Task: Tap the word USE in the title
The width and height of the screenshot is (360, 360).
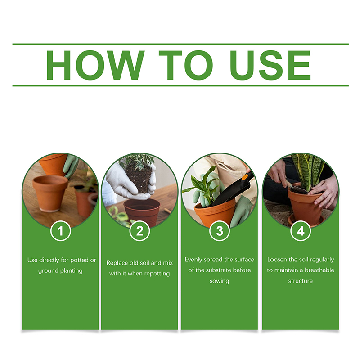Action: click(x=270, y=65)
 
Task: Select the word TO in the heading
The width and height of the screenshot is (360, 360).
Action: click(x=186, y=65)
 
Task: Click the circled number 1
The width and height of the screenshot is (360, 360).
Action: click(x=60, y=231)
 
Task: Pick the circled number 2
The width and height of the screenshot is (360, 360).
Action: click(x=139, y=231)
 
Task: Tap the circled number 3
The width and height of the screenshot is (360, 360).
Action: click(x=220, y=231)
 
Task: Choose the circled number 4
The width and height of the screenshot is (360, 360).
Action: click(x=301, y=231)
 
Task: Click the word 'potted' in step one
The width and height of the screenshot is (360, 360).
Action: click(x=79, y=261)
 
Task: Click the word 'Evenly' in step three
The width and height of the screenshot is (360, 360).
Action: click(x=193, y=260)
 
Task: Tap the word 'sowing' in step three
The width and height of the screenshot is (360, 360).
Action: click(x=219, y=281)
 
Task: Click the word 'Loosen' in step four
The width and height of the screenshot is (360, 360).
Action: click(x=277, y=260)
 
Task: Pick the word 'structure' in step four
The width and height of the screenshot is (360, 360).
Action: click(x=301, y=281)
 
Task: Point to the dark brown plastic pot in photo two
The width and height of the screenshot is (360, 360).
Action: click(x=142, y=212)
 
